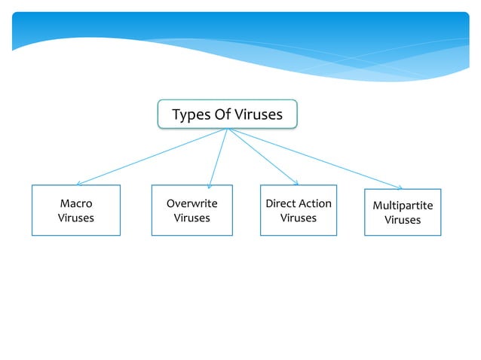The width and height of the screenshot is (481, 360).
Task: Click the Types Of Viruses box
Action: (x=227, y=114)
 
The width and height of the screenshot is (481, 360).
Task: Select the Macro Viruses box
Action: (x=75, y=210)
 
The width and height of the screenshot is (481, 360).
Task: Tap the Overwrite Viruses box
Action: (x=191, y=210)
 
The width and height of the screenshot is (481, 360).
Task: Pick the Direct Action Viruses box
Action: (x=298, y=210)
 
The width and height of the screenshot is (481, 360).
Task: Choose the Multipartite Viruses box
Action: (x=403, y=212)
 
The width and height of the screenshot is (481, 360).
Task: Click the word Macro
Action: (x=75, y=203)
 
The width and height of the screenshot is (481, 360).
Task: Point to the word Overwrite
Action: (x=191, y=203)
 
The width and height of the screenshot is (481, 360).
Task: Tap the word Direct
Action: (x=280, y=203)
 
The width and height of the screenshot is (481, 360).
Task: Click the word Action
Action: (x=314, y=203)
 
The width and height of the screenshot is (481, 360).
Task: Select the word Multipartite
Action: (x=403, y=206)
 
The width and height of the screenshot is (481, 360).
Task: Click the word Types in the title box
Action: (x=190, y=115)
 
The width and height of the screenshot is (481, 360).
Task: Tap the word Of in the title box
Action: (x=222, y=114)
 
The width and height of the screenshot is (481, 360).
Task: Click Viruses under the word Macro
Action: (x=75, y=218)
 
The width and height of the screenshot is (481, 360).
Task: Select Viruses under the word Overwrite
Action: (x=191, y=218)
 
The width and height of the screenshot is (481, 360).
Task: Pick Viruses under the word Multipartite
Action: (x=403, y=221)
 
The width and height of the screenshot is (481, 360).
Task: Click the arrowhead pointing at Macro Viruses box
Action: (x=79, y=182)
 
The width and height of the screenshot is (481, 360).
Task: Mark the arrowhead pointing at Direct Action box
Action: (x=296, y=182)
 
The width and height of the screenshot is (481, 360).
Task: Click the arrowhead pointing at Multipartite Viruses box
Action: (x=400, y=187)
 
